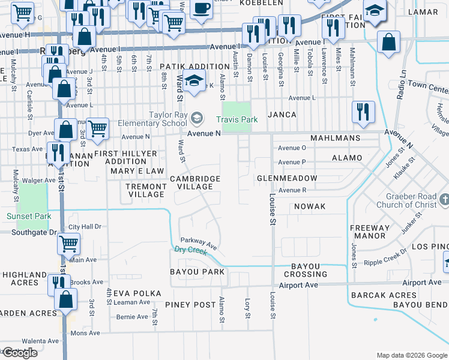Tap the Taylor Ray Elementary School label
click(167, 119)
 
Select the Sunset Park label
click(28, 216)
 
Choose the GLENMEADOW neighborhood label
click(286, 179)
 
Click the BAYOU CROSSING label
click(309, 270)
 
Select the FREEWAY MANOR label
click(369, 232)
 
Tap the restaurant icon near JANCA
click(364, 112)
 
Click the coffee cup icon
click(201, 8)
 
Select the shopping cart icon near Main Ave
click(69, 244)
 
